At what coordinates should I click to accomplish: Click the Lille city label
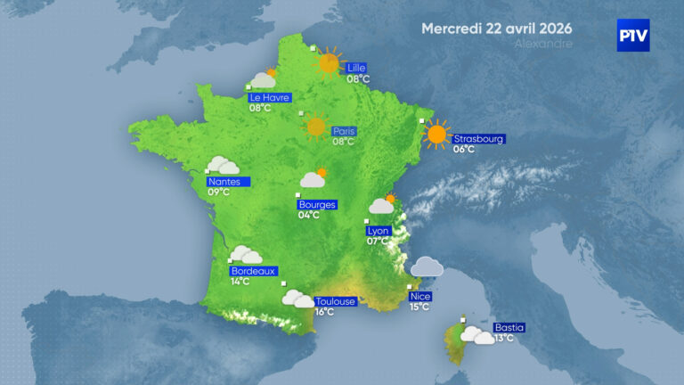point(357,68)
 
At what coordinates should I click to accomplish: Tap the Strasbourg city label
point(479,139)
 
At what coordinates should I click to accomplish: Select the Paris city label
point(344,131)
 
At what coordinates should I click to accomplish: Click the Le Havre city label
point(269,97)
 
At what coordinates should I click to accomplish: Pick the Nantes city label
point(226,181)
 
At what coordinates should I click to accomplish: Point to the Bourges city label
point(317,204)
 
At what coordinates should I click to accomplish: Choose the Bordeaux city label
point(254,271)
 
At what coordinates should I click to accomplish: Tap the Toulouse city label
point(336,301)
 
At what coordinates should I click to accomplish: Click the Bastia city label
point(509,327)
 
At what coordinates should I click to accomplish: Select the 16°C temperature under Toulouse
point(324,312)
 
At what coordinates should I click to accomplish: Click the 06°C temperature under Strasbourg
point(464,149)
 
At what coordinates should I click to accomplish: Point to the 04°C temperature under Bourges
point(309,215)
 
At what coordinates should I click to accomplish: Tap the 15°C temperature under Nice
point(419,307)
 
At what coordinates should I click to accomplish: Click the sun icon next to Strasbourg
point(436,135)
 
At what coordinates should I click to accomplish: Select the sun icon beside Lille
point(330,62)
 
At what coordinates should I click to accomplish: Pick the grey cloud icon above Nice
point(427,266)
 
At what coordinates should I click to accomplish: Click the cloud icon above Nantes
point(223,165)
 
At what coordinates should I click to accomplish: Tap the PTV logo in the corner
point(633,36)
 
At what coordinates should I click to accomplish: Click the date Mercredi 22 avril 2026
point(497,28)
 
